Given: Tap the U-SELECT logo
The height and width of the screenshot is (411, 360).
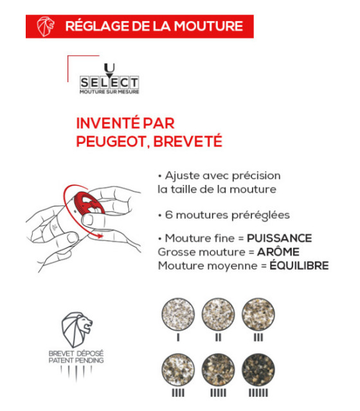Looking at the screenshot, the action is click(x=109, y=80).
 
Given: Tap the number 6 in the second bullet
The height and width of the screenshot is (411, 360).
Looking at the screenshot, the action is click(x=168, y=214).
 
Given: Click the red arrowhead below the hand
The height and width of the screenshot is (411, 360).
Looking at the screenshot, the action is click(x=98, y=236).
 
